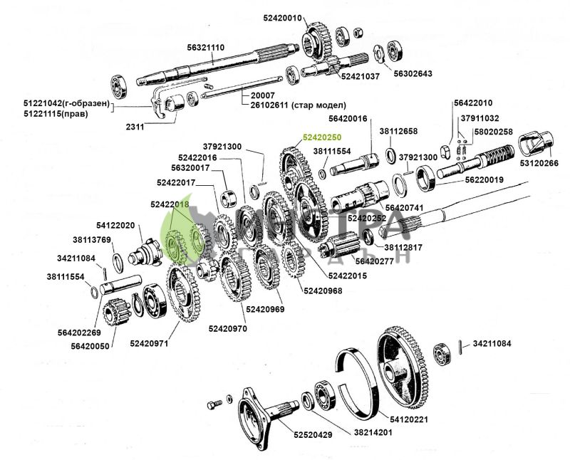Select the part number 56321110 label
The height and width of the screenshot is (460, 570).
click(206, 48)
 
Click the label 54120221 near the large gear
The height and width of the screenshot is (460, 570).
click(409, 419)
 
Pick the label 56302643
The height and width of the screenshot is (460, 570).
click(413, 73)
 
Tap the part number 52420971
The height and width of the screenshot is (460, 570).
click(149, 343)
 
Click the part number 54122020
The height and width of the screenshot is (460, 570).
click(115, 225)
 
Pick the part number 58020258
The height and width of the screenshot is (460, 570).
click(494, 132)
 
